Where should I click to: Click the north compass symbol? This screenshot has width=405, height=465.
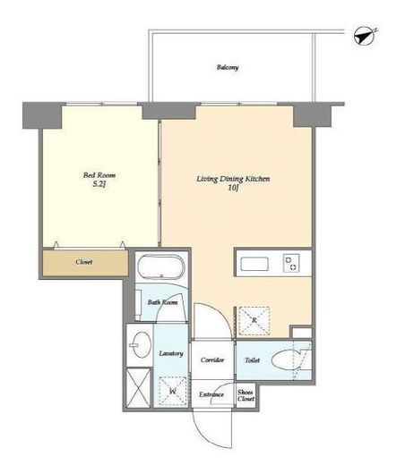tap(364, 37)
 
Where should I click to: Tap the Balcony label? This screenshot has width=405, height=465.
tap(228, 67)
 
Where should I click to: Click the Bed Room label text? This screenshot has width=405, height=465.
tap(99, 175)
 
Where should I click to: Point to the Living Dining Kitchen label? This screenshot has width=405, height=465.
tap(233, 179)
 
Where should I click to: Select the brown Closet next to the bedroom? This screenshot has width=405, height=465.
tap(85, 263)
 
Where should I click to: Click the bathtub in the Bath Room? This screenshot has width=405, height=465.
tap(161, 267)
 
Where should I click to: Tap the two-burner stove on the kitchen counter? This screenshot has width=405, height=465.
tap(291, 263)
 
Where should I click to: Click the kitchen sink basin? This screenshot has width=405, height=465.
tap(254, 264)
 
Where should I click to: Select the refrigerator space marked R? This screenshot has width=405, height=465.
tap(254, 321)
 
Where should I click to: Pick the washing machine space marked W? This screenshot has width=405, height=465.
tap(173, 391)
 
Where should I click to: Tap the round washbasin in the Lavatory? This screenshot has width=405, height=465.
tap(141, 345)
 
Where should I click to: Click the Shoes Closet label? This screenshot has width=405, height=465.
tap(246, 395)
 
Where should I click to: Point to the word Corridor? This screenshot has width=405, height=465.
tap(212, 359)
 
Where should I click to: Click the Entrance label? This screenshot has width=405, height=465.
tap(211, 394)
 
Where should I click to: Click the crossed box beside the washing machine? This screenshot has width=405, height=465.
tap(138, 388)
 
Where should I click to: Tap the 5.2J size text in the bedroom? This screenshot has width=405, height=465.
tap(99, 184)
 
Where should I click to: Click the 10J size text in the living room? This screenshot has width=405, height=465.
tap(233, 188)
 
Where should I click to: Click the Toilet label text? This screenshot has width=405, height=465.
tap(253, 360)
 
